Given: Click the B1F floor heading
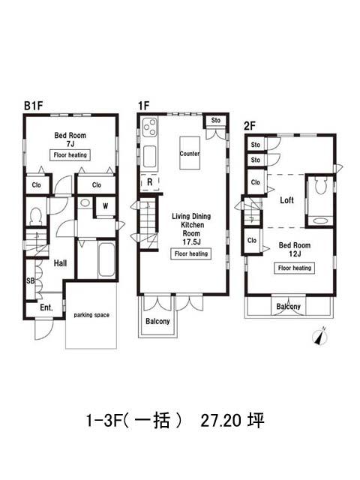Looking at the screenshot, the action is tap(33, 106).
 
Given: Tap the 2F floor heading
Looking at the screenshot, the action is tap(250, 126).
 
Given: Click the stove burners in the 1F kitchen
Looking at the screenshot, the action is tap(150, 127).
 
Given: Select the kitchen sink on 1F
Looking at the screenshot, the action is tap(150, 156).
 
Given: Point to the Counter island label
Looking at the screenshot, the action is tap(190, 153).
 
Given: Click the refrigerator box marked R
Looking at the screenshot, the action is tap(150, 182).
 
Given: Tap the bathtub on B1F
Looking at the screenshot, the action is tap(106, 259).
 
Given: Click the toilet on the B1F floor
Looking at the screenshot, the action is tap(36, 215).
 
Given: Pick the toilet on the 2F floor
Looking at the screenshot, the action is tap(321, 186).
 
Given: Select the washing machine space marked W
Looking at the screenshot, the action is tap(105, 206).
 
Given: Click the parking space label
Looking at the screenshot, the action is tap(91, 315).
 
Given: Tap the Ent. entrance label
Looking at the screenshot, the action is tap(46, 307).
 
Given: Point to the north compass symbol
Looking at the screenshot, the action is tap(320, 337).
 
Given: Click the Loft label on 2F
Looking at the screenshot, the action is tap(286, 200).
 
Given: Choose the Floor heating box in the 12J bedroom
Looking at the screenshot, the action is tap(295, 268).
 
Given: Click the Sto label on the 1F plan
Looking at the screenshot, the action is tap(216, 120).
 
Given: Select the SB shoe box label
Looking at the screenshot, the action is tap(30, 280).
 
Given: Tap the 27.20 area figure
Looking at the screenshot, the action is tap(221, 421).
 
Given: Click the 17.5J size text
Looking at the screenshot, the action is tap(192, 241).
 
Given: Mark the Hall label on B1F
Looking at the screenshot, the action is tap(60, 263).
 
